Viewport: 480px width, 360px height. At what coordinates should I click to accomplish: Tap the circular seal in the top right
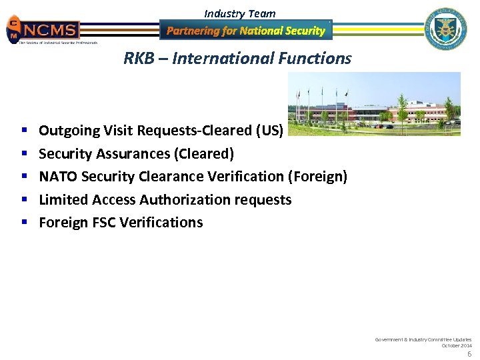447,29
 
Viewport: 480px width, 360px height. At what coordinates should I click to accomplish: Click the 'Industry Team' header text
239,13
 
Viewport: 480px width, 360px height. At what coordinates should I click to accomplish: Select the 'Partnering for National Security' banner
245,31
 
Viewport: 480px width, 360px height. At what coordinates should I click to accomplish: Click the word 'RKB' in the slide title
138,59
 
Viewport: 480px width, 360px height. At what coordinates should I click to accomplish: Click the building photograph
373,104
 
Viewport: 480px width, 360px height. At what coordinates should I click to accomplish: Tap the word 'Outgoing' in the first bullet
69,131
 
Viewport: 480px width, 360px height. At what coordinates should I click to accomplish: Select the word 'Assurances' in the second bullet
135,154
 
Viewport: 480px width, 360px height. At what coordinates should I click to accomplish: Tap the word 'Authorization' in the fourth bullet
184,200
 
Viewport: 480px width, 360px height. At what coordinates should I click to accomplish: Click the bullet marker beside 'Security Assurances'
23,154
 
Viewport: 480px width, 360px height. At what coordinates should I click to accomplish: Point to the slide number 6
469,354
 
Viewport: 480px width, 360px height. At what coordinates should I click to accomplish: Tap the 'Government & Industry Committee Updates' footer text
423,339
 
